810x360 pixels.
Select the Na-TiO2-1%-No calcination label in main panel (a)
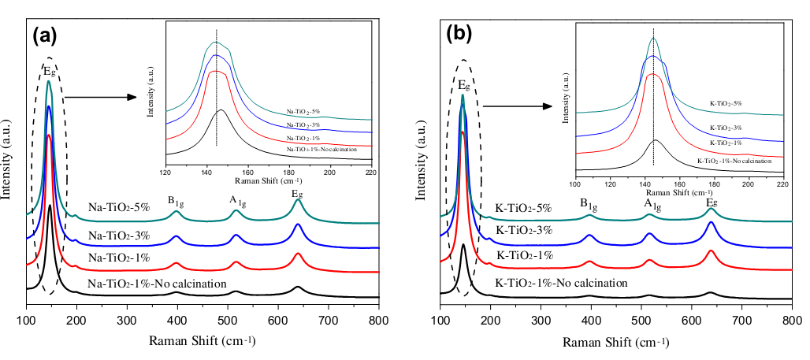click(x=158, y=284)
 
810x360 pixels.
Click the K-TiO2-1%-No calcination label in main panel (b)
click(x=561, y=283)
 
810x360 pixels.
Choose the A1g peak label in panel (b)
click(x=650, y=202)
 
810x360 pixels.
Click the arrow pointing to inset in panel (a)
click(x=95, y=98)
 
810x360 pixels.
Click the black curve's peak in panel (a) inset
click(x=221, y=110)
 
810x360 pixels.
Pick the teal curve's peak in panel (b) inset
click(x=653, y=39)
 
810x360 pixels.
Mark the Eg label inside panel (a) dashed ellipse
click(x=49, y=71)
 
